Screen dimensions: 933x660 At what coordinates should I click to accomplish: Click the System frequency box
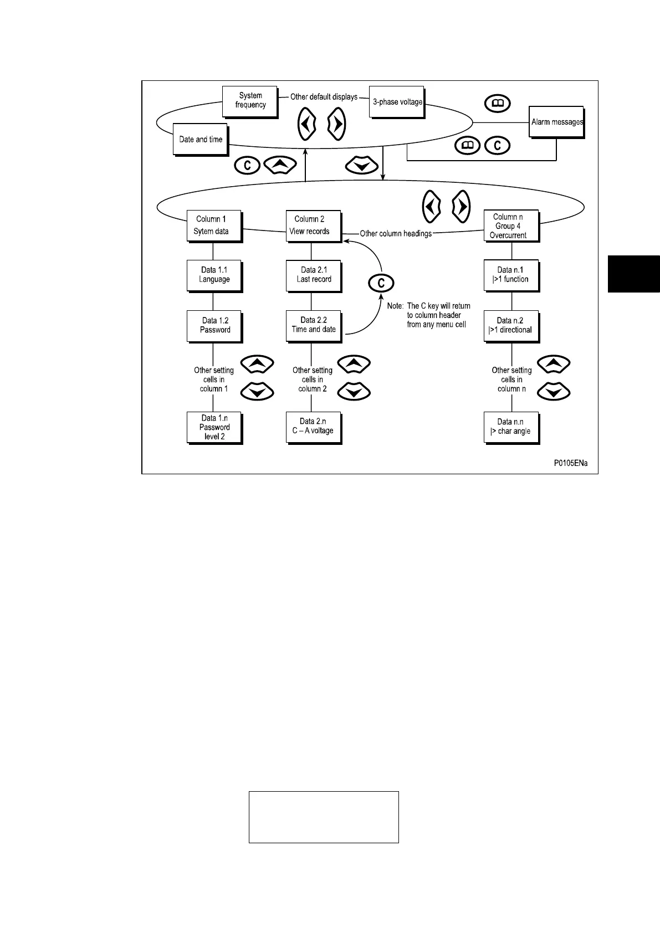(x=249, y=101)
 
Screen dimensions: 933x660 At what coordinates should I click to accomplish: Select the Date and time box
(x=201, y=140)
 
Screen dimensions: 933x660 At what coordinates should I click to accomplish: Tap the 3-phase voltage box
(x=397, y=102)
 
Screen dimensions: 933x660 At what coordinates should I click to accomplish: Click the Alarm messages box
(x=556, y=122)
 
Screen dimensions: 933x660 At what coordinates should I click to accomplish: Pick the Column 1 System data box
(x=213, y=225)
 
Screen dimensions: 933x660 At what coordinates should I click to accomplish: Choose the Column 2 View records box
(x=313, y=225)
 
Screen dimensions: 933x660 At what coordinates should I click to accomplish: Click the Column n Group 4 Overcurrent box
(x=511, y=225)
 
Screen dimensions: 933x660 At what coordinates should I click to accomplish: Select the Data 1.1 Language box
(x=213, y=275)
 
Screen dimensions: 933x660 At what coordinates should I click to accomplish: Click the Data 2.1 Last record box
(x=313, y=275)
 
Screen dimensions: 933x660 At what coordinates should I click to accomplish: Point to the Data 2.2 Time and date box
(x=313, y=326)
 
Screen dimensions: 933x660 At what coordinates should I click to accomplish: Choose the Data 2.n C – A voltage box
(x=313, y=427)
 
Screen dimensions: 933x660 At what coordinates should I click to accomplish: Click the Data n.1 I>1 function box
(x=511, y=275)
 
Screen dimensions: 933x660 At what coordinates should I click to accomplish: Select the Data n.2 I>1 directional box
(x=511, y=326)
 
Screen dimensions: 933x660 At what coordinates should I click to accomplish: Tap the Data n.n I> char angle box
(x=511, y=427)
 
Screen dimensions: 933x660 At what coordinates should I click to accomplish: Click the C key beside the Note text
(x=381, y=284)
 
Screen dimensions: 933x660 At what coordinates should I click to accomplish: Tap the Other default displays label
(x=324, y=97)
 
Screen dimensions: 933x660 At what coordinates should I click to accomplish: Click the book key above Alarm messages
(x=497, y=104)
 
